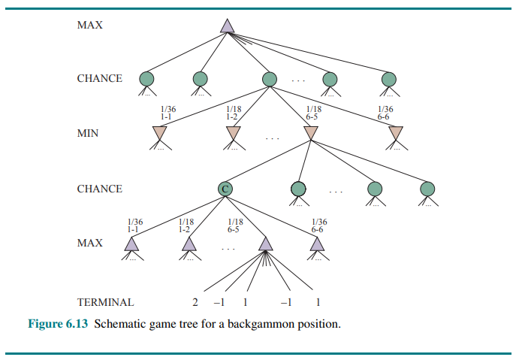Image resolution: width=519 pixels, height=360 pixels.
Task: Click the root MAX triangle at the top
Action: [x=228, y=26]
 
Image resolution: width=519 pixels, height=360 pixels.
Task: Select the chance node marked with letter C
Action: [x=224, y=189]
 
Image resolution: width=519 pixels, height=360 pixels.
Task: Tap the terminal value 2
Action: [x=195, y=302]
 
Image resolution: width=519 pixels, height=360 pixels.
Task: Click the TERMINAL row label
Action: [x=105, y=302]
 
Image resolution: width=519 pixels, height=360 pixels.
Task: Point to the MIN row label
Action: [x=89, y=133]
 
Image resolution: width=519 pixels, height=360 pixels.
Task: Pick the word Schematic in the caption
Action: [x=119, y=325]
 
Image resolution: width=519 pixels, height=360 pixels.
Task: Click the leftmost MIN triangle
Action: [x=159, y=133]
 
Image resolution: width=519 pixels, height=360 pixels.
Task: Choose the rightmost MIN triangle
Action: [x=396, y=133]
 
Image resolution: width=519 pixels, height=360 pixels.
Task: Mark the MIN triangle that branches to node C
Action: [x=311, y=133]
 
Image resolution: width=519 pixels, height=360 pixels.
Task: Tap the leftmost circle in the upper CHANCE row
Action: [x=147, y=78]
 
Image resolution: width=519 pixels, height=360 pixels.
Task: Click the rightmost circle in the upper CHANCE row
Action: [x=388, y=78]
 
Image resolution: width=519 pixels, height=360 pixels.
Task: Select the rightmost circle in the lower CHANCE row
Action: [x=427, y=189]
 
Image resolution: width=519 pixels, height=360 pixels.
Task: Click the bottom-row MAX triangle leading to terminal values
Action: [x=264, y=244]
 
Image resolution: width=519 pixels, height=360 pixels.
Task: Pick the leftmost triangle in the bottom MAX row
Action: [x=132, y=244]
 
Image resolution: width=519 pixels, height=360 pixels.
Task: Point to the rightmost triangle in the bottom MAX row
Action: [x=318, y=244]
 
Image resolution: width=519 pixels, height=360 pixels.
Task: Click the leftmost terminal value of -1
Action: [x=219, y=302]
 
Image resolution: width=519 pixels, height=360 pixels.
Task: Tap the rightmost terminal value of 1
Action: [x=318, y=302]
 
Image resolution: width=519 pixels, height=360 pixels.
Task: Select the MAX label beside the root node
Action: [x=89, y=26]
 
